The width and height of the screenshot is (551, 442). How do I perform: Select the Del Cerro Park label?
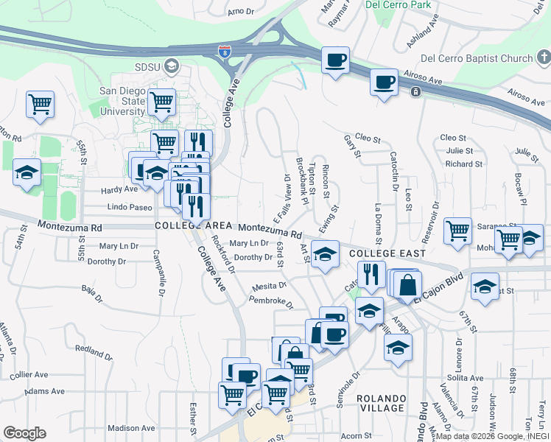click(x=398, y=4)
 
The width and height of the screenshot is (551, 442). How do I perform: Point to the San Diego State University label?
click(x=122, y=100)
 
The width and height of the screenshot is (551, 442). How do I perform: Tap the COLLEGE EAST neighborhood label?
click(x=378, y=253)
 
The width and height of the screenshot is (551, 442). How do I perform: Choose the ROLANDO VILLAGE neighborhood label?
click(x=382, y=403)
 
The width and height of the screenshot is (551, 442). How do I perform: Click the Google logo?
click(x=24, y=433)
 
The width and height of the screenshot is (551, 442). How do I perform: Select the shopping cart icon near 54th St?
click(x=40, y=104)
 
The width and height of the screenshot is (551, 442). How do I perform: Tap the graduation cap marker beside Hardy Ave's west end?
click(x=27, y=174)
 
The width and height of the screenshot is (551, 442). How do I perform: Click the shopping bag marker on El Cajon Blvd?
click(x=406, y=284)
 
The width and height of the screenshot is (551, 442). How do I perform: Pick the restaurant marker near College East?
click(x=372, y=274)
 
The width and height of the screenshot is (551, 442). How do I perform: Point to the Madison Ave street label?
click(x=130, y=428)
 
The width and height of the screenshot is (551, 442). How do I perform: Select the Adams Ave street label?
click(x=44, y=392)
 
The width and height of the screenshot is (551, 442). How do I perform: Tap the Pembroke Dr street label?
click(x=271, y=301)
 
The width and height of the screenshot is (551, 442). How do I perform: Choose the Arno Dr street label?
click(x=240, y=12)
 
